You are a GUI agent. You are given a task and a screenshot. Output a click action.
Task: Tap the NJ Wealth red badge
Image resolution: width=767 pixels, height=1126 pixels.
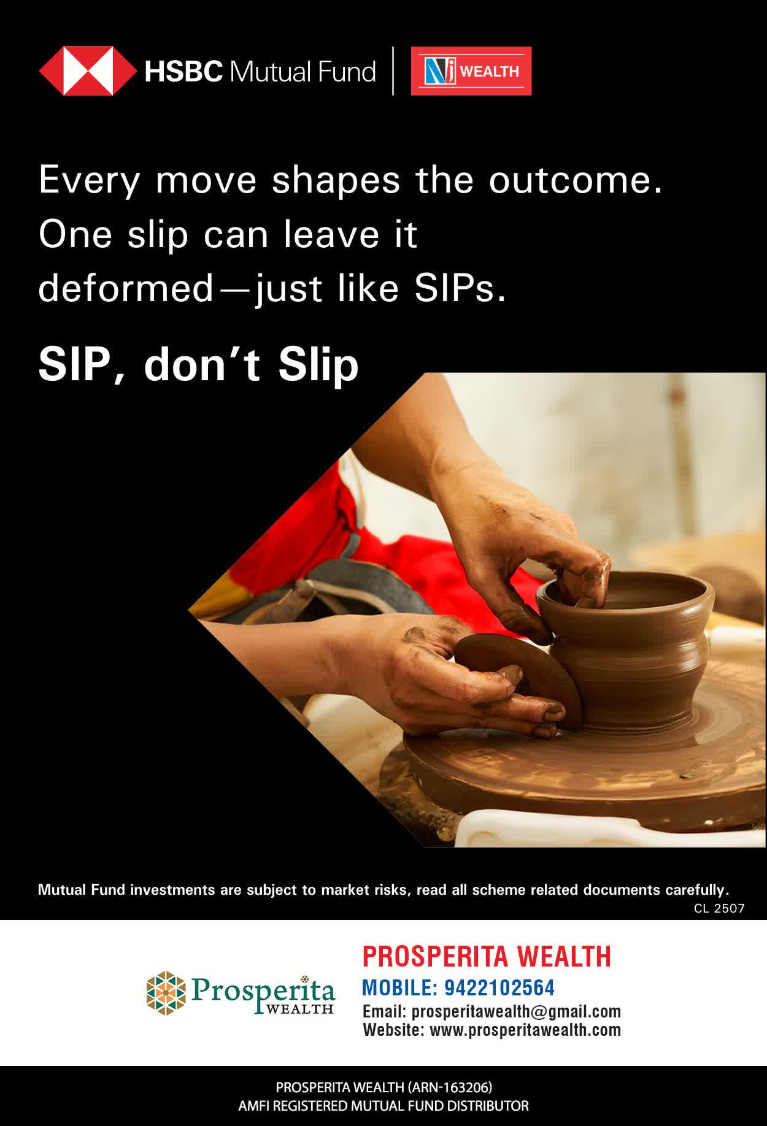pyautogui.click(x=471, y=71)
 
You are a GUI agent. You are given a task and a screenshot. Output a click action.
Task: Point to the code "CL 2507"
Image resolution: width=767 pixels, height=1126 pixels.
pyautogui.click(x=719, y=908)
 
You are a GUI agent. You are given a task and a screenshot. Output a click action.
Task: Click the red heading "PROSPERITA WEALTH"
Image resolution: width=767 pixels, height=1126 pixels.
pyautogui.click(x=487, y=956)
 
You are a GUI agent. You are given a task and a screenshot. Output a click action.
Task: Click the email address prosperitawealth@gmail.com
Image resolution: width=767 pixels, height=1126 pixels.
pyautogui.click(x=516, y=1011)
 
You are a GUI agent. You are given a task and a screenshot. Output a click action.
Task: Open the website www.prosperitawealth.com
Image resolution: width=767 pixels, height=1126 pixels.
pyautogui.click(x=525, y=1030)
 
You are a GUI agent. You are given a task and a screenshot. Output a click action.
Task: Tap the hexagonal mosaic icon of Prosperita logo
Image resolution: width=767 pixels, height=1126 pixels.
pyautogui.click(x=166, y=992)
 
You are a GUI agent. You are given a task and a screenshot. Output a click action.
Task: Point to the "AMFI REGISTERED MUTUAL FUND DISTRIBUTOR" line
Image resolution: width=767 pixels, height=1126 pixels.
pyautogui.click(x=383, y=1106)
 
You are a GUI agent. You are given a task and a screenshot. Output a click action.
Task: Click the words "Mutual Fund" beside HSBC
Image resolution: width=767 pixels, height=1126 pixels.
pyautogui.click(x=303, y=72)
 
